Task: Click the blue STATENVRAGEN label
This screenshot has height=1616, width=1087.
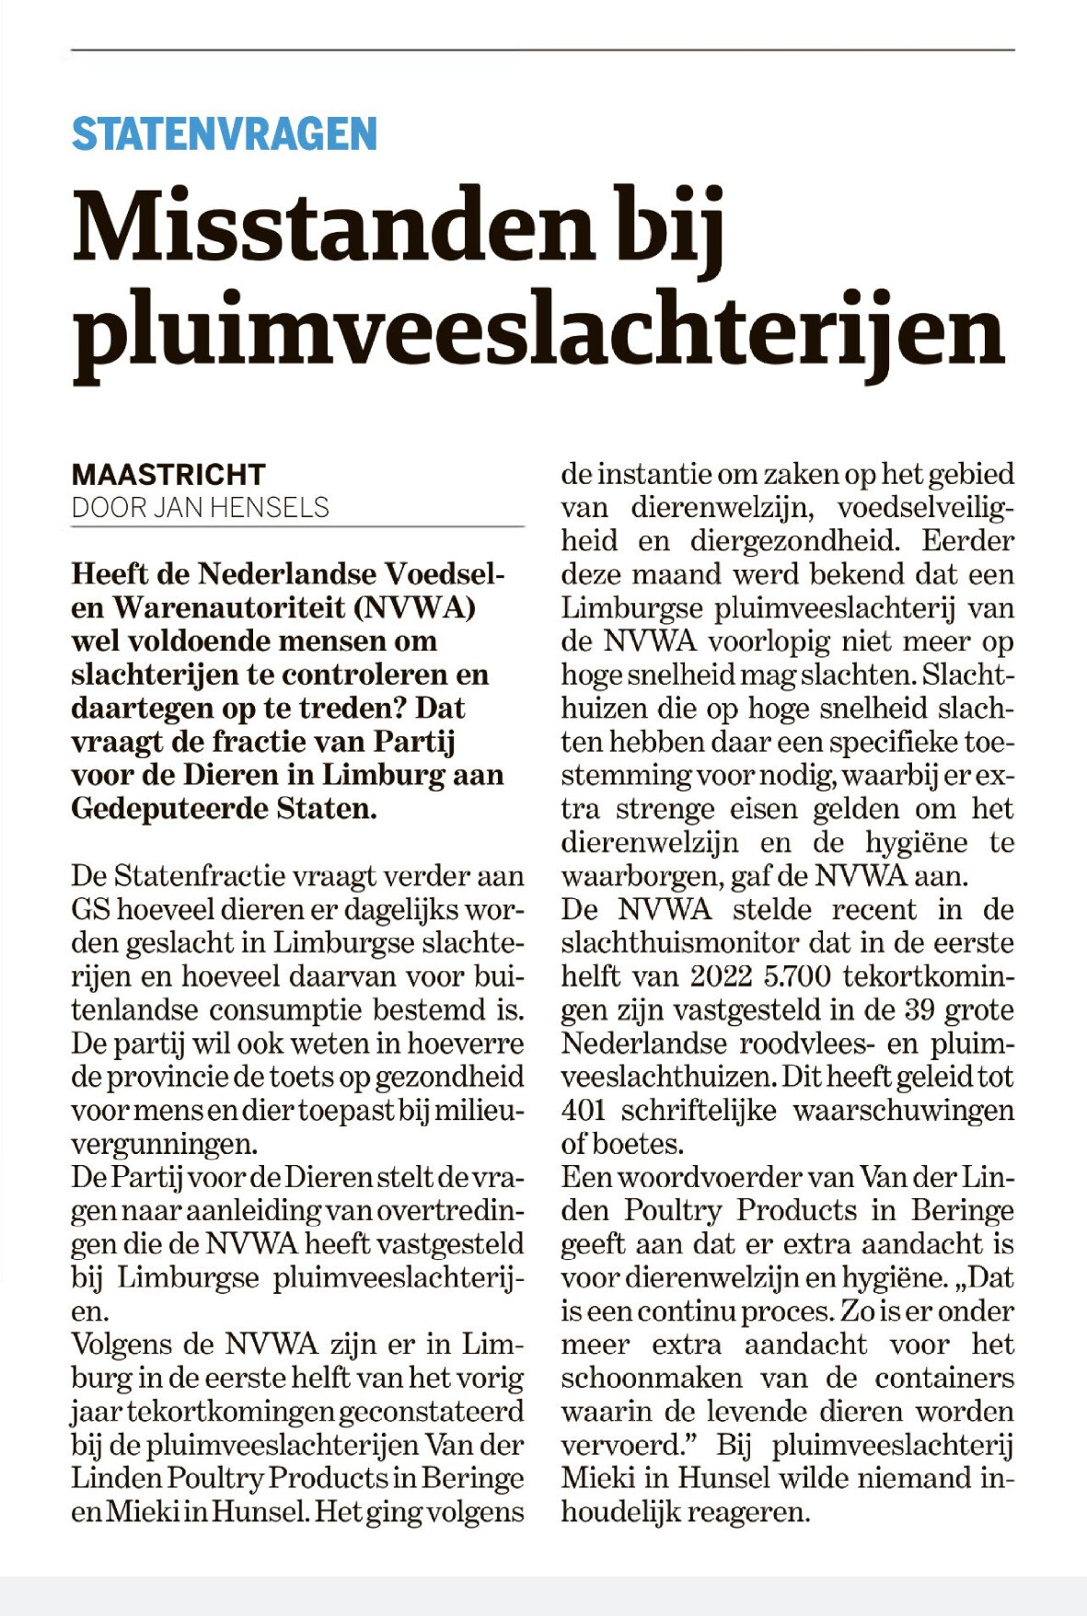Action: pyautogui.click(x=225, y=134)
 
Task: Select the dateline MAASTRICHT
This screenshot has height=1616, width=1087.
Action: pyautogui.click(x=168, y=475)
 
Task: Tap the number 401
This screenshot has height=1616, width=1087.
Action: pyautogui.click(x=583, y=1111)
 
